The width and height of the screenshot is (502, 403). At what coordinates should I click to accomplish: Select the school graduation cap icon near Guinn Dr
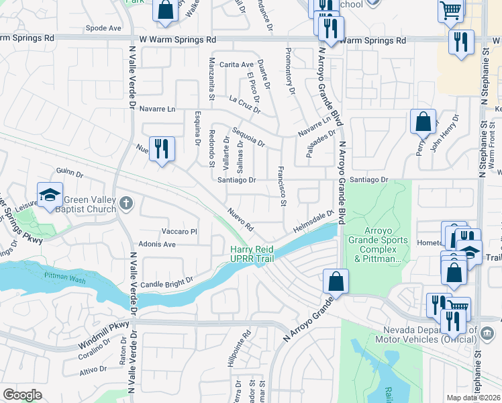click(50, 195)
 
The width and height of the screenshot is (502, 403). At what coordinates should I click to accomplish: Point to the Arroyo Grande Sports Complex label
click(377, 249)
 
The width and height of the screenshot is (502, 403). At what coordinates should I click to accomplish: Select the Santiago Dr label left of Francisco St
click(236, 180)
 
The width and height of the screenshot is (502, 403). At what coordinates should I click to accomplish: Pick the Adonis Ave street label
click(156, 244)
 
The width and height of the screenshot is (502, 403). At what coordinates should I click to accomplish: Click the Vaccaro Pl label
click(174, 231)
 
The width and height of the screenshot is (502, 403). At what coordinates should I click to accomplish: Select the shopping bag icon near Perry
click(423, 122)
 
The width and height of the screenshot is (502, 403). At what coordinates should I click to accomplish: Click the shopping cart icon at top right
click(451, 9)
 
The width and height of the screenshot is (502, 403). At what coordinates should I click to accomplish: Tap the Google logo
click(22, 395)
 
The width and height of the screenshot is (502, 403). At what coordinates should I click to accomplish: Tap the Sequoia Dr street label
click(248, 137)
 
